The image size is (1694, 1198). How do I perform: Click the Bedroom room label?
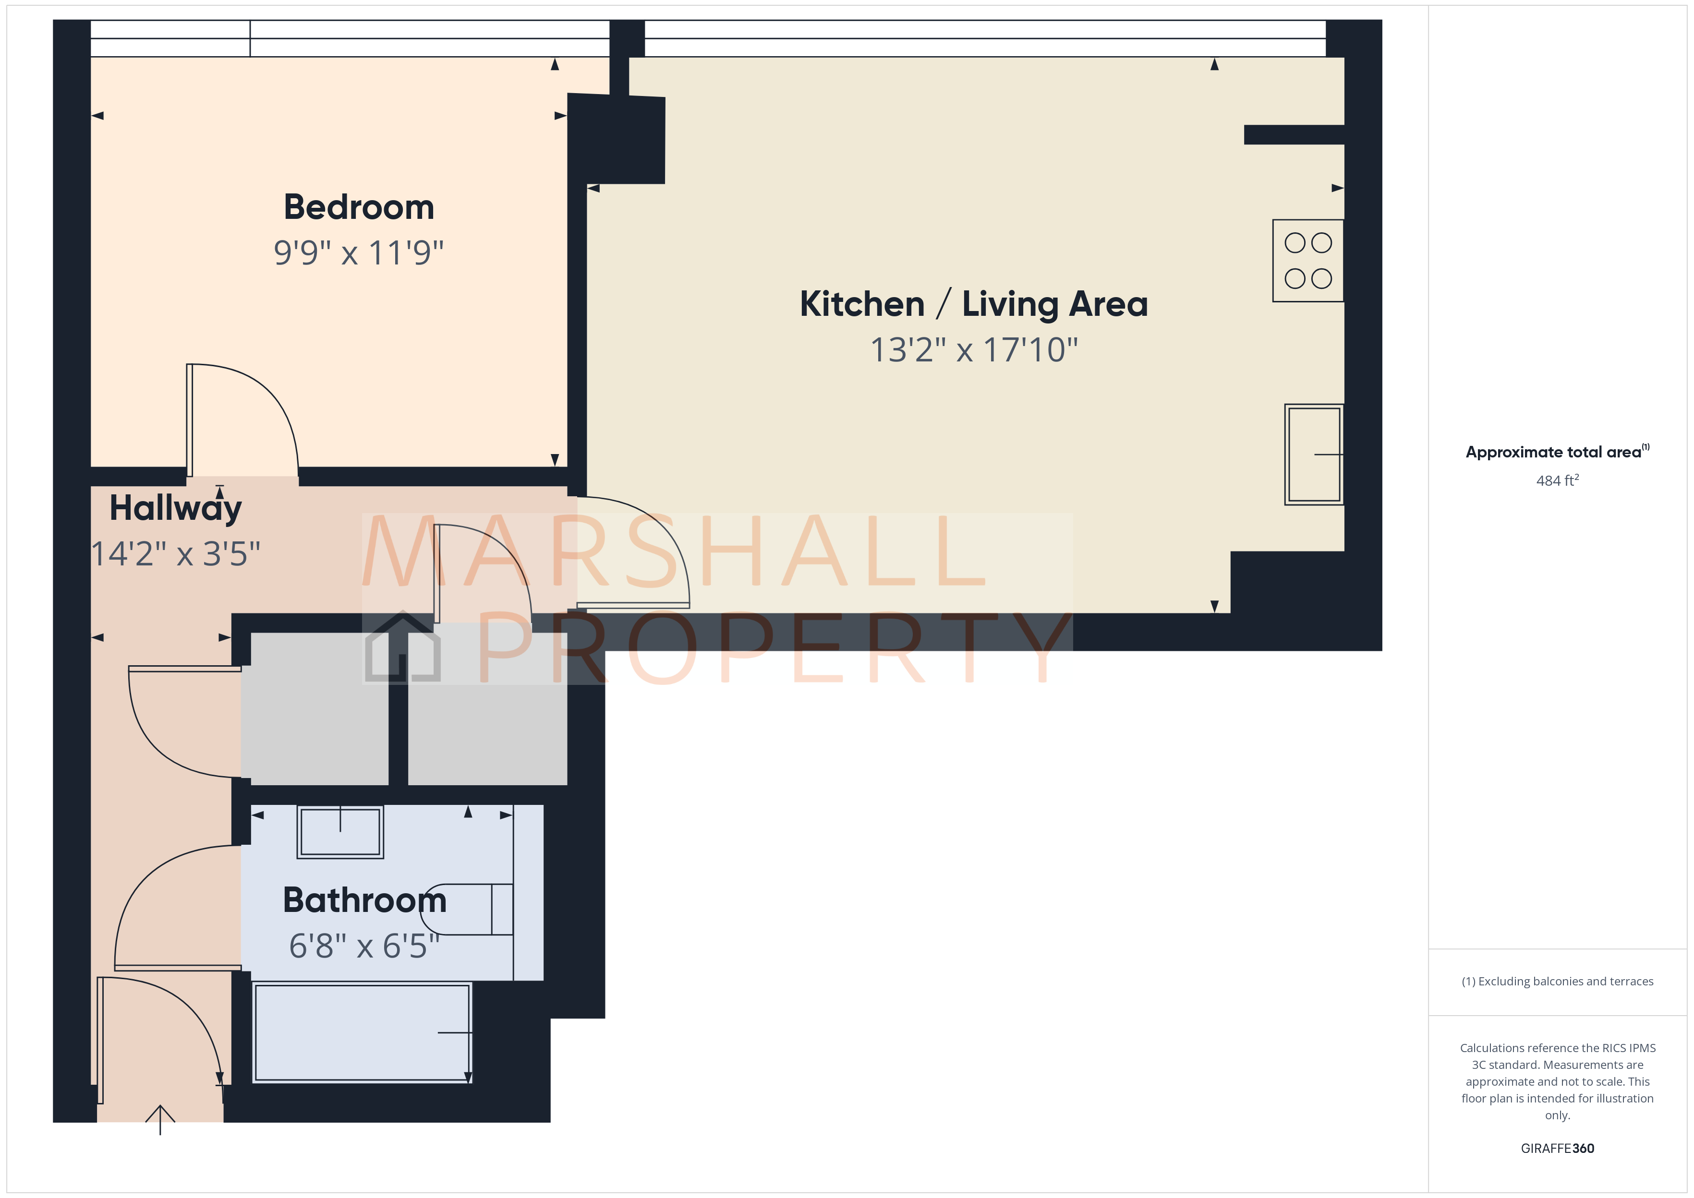coord(359,207)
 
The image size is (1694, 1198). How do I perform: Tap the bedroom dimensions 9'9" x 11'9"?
coord(359,253)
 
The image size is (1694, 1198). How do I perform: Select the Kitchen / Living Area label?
coord(973,304)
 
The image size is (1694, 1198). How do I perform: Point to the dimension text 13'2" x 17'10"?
coord(973,350)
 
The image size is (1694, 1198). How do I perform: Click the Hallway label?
coord(176,508)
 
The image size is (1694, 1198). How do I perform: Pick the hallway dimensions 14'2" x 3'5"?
coord(176,554)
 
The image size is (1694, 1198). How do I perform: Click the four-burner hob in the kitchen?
coord(1307,261)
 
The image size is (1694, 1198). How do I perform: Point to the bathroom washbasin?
coord(340,831)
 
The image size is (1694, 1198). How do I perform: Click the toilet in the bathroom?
coord(469,910)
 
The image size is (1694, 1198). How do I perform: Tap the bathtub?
coord(362,1033)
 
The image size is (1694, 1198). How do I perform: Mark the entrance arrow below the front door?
coord(160,1117)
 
